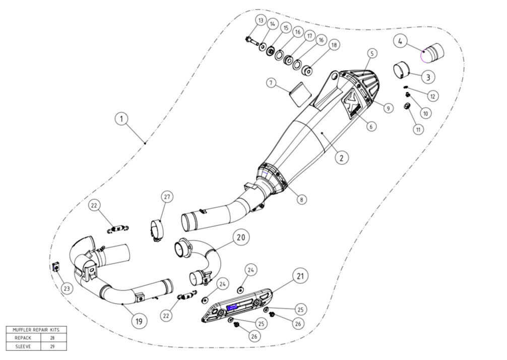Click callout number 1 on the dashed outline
point(121,119)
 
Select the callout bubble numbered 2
point(341,158)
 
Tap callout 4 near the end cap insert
point(401,41)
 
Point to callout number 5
point(372,53)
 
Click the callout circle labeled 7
point(272,83)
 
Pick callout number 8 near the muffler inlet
point(301,199)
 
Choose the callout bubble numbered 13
point(260,20)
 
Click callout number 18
point(333,45)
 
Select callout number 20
point(240,236)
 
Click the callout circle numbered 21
point(301,276)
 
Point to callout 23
point(67,288)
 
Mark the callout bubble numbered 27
point(167,197)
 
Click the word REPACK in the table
point(23,338)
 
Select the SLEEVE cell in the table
point(23,346)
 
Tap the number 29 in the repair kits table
point(52,346)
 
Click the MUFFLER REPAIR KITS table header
point(35,330)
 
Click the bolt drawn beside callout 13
point(251,40)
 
